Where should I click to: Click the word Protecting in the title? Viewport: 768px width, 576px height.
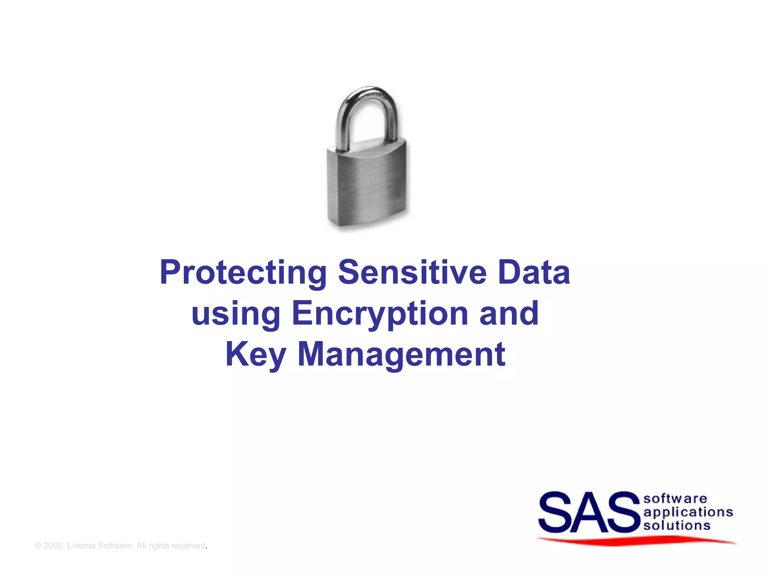point(243,273)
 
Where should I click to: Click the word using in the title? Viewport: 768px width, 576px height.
point(236,313)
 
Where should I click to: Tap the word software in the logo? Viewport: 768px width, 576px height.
point(675,498)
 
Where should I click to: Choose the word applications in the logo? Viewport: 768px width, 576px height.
point(688,512)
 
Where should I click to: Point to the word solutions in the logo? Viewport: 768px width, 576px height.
point(677,525)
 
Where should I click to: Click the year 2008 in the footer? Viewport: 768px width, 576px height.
point(53,546)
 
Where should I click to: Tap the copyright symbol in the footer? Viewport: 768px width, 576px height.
point(37,546)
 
